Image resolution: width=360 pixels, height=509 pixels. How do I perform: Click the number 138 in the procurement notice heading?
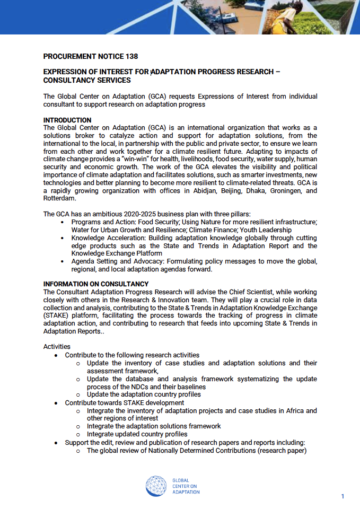coord(131,57)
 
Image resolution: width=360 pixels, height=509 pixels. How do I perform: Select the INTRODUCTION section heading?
coord(67,120)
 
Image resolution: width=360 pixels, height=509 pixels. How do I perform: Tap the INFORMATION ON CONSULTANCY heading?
coord(96,284)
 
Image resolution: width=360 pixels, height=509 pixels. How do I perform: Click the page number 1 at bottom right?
coord(343,496)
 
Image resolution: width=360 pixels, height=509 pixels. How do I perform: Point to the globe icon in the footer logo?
coord(157,486)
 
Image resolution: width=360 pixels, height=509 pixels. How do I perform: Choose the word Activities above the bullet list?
coord(56,347)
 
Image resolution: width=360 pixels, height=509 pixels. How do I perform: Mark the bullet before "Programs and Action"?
coord(63,222)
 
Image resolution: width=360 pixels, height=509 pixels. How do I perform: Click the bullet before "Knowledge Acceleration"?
coord(63,238)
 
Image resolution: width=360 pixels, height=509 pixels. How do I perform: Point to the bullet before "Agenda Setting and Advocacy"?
coord(63,261)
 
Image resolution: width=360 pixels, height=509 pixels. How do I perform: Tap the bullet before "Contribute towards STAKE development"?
coord(57,403)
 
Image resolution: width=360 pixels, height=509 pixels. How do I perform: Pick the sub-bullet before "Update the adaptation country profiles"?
coord(78,394)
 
